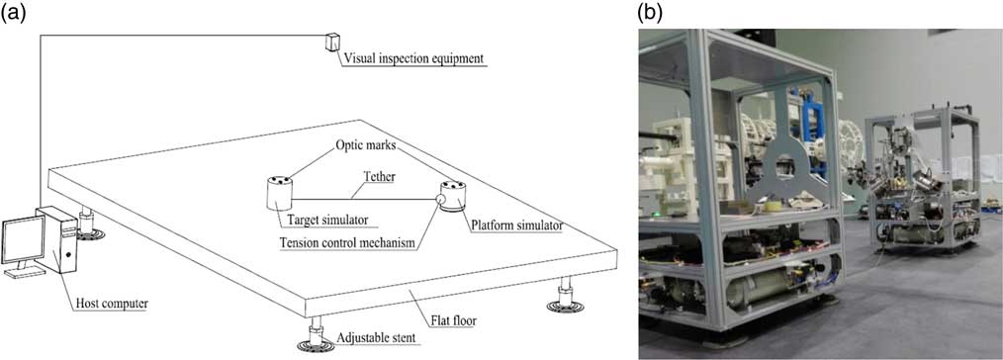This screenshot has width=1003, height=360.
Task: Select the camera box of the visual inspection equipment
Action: (329, 45)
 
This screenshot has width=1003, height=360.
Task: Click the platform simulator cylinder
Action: (456, 196)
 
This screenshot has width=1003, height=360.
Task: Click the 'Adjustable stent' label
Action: (377, 338)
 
